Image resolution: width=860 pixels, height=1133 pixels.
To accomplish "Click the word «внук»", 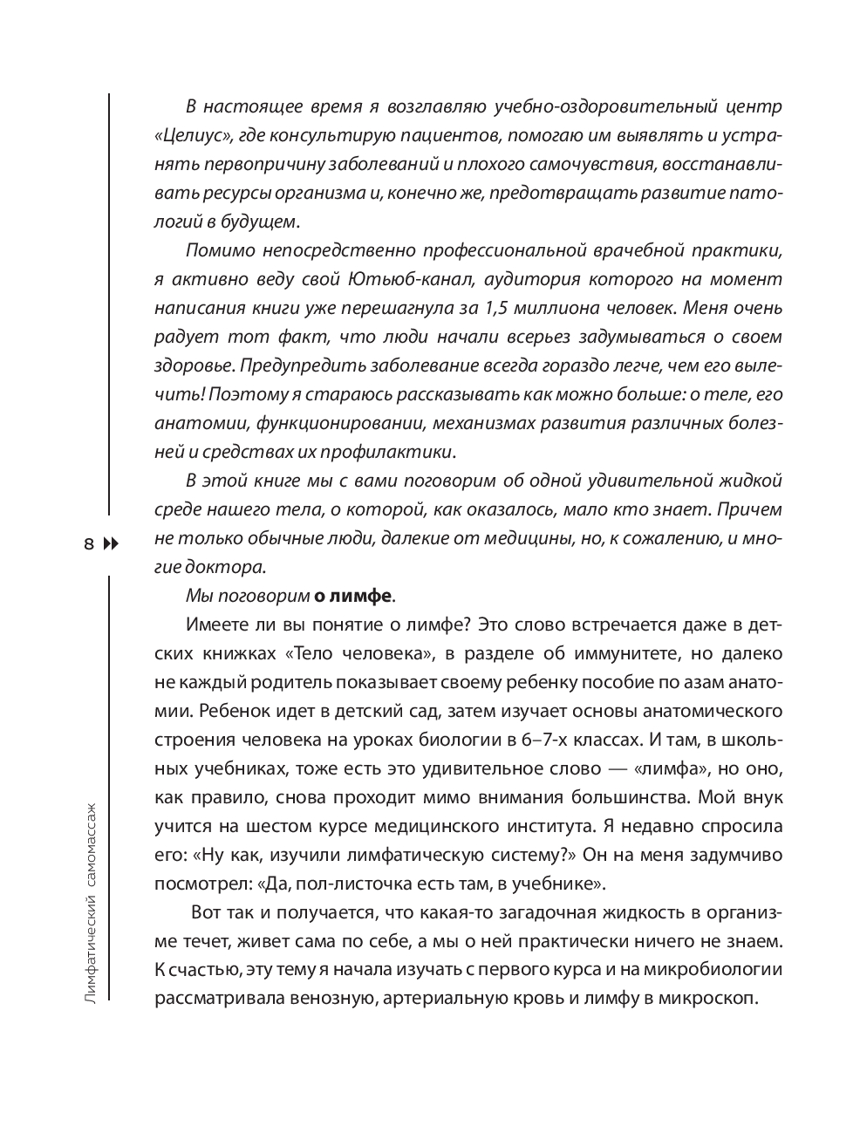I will point(761,797).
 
